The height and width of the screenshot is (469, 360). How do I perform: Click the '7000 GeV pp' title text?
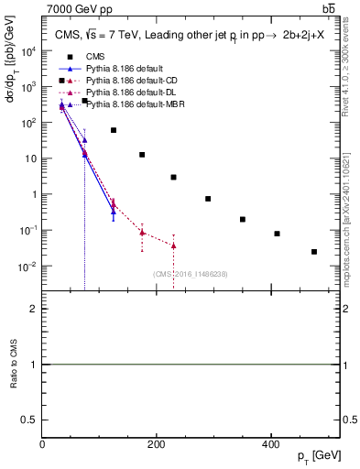[x=77, y=9]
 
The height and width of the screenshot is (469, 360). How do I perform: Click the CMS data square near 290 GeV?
[x=208, y=199]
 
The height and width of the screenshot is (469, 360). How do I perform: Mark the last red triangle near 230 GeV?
[x=174, y=245]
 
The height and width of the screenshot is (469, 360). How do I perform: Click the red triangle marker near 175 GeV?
[x=142, y=233]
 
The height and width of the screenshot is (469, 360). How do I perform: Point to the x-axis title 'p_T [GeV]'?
[x=315, y=456]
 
